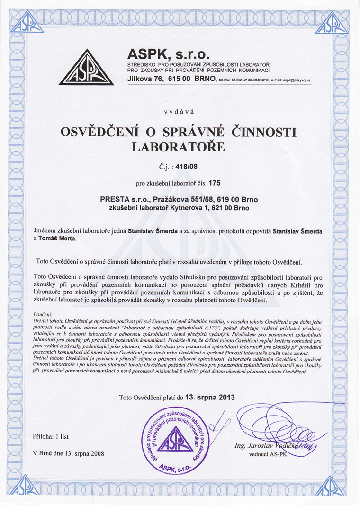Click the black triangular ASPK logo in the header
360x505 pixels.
[x=86, y=68]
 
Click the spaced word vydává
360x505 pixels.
[x=179, y=112]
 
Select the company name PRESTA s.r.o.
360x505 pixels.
[x=124, y=199]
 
